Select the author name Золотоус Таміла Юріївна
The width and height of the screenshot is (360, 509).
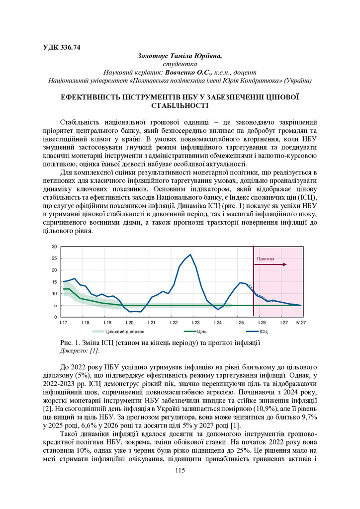point(180,56)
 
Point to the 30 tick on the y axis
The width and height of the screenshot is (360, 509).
point(54,247)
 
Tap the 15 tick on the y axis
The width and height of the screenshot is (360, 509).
point(54,282)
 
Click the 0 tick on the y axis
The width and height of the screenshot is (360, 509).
point(55,317)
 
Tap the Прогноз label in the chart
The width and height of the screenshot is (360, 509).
point(265,259)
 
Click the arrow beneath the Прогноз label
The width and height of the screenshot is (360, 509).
point(270,265)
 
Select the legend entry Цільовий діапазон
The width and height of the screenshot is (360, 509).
point(114,331)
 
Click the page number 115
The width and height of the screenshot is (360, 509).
point(180,471)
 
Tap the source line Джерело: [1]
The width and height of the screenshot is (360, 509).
point(79,351)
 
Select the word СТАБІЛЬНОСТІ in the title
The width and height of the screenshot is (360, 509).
point(180,105)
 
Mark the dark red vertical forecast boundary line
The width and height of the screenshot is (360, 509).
point(254,288)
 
